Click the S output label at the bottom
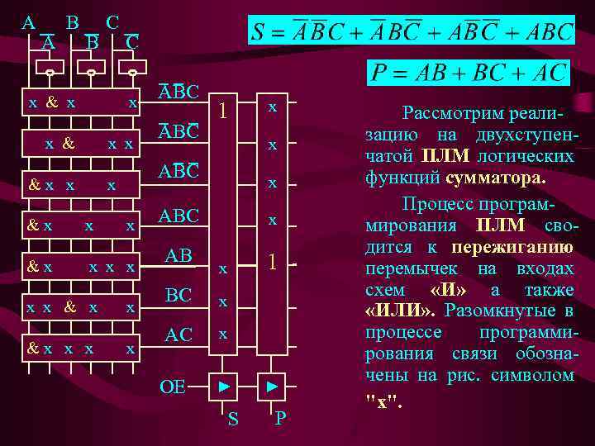[233, 420]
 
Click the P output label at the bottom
[280, 420]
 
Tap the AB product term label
[178, 256]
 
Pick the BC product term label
[178, 296]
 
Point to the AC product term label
[178, 334]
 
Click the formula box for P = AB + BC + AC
[468, 72]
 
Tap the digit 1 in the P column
[270, 263]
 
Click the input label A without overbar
[28, 22]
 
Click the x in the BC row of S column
[221, 303]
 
